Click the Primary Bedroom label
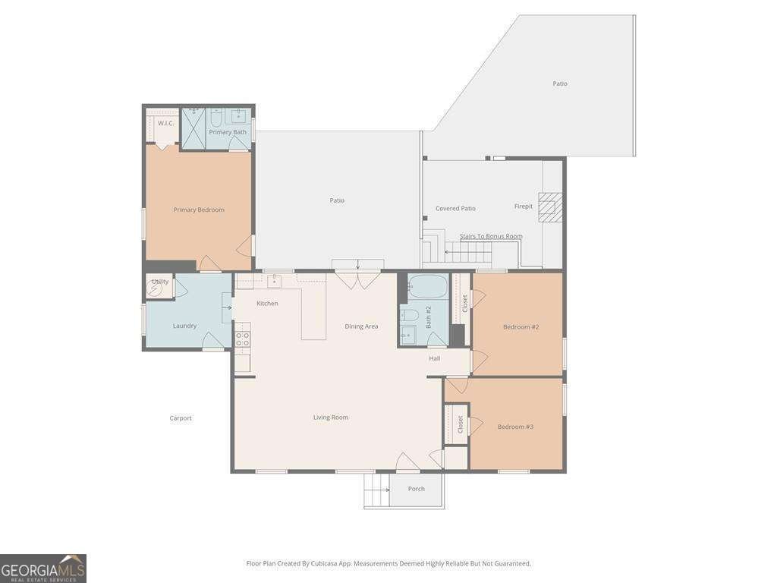[199, 210]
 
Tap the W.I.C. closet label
[165, 123]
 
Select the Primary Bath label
[228, 132]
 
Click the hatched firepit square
[551, 206]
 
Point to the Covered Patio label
[455, 208]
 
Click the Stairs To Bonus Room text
[491, 236]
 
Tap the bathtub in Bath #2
[428, 286]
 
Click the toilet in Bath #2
[410, 314]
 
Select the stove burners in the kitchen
[242, 339]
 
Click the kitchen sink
[274, 282]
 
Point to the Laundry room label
[185, 326]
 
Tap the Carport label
[181, 418]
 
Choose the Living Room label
[331, 418]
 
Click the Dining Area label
[361, 326]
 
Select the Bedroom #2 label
[521, 326]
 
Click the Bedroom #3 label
[515, 427]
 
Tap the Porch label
[417, 488]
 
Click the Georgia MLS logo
[43, 569]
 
